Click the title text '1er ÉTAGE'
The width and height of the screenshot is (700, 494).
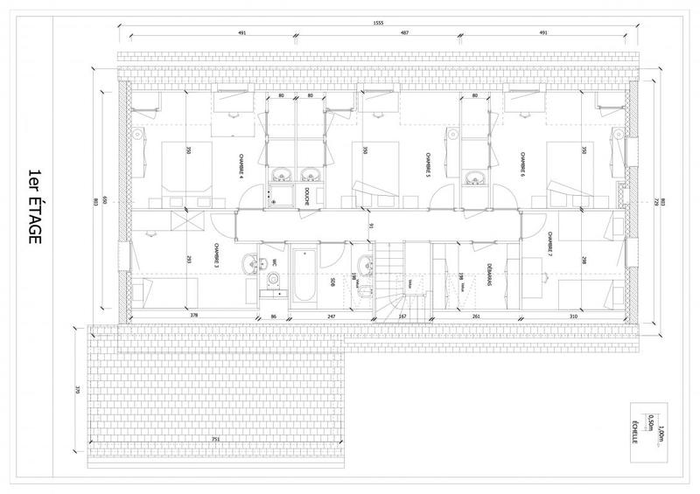click(x=36, y=205)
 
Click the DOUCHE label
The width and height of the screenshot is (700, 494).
click(x=308, y=198)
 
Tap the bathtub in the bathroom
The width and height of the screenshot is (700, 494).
click(x=307, y=274)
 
